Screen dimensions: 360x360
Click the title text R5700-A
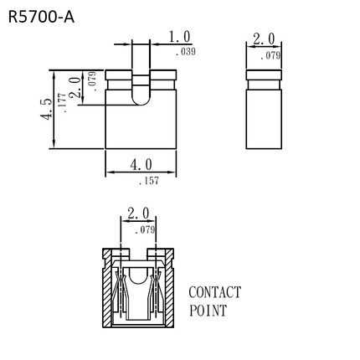point(41,16)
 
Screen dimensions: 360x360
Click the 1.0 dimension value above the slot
point(179,37)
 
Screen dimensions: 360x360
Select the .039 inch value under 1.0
point(186,52)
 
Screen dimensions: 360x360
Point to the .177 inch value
point(62,104)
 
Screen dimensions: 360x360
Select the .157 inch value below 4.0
point(148,180)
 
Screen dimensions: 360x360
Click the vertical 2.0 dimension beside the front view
point(76,87)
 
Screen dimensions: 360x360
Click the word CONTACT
point(214,292)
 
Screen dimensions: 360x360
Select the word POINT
point(208,311)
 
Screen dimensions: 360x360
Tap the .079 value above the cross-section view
point(146,229)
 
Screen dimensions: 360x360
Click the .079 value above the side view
point(270,55)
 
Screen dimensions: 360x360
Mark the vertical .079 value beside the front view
point(92,80)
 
